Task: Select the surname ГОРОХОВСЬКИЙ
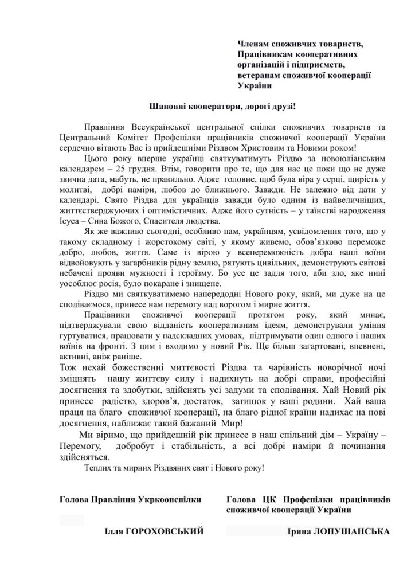click(x=167, y=532)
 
